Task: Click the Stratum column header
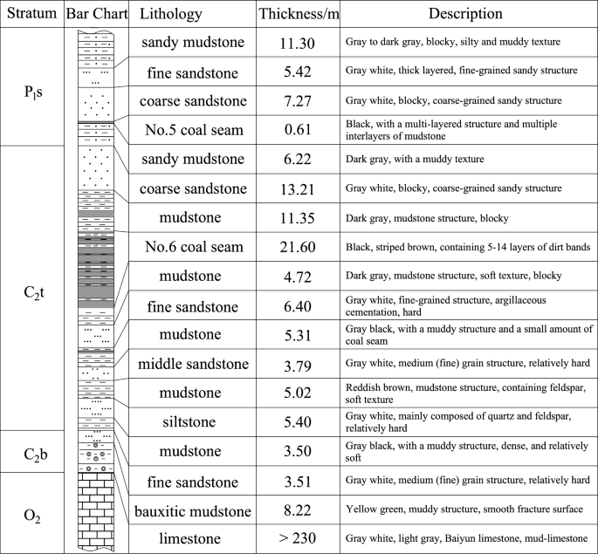[x=32, y=15]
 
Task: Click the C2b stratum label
[x=32, y=451]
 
